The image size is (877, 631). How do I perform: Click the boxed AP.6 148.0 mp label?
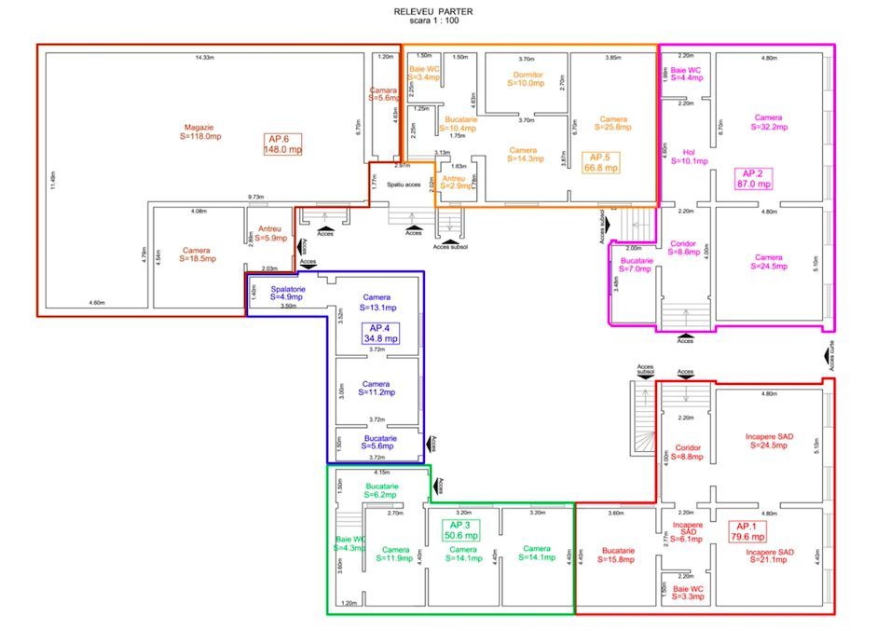(x=282, y=143)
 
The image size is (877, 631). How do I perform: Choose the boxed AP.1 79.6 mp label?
(x=747, y=531)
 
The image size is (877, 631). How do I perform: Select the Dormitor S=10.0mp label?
(x=528, y=78)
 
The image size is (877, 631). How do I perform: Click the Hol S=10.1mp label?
(x=689, y=157)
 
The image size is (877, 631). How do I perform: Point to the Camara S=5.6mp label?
(x=384, y=94)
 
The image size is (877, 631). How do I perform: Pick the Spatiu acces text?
(x=404, y=185)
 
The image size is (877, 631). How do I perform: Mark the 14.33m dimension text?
(x=205, y=58)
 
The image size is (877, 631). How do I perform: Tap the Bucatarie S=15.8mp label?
(x=617, y=556)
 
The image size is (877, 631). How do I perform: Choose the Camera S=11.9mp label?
(x=396, y=554)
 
